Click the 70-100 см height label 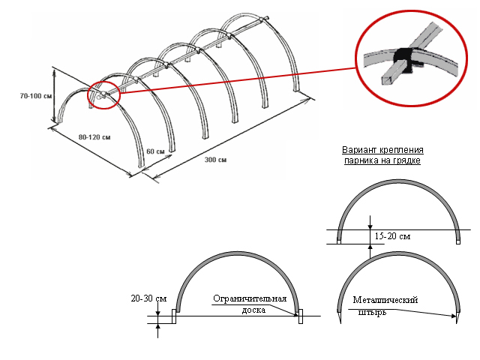tap(37, 96)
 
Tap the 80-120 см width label tap(94, 137)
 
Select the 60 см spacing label tap(156, 151)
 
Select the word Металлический tap(385, 300)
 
